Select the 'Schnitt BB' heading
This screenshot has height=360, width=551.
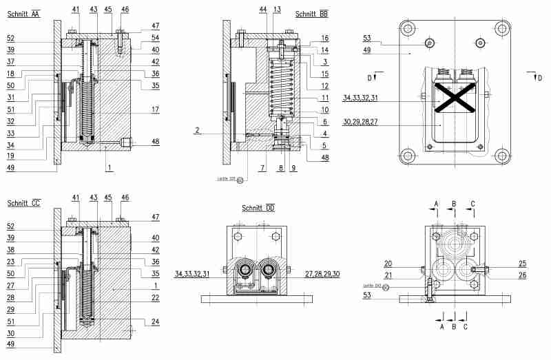(311, 14)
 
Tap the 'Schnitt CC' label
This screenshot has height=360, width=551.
(23, 203)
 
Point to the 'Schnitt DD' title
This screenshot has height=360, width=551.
(258, 208)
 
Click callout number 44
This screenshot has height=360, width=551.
(263, 9)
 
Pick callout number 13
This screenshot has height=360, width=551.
(277, 9)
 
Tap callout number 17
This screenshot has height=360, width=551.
(156, 109)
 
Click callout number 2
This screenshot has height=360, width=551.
(197, 129)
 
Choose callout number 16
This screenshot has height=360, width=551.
(324, 38)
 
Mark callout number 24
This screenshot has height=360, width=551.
(156, 321)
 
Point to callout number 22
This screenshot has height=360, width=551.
(156, 297)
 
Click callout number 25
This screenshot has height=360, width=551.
(522, 263)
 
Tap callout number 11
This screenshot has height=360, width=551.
(324, 98)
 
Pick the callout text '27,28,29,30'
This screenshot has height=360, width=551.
(322, 274)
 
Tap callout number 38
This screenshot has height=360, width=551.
(12, 251)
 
